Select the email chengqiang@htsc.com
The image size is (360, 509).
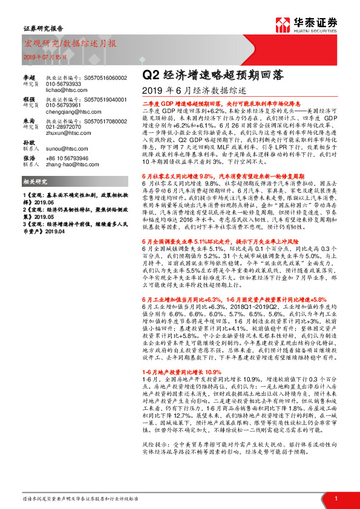coord(68,112)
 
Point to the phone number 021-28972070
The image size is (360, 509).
coord(65,128)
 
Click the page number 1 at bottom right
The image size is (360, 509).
coord(336,498)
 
